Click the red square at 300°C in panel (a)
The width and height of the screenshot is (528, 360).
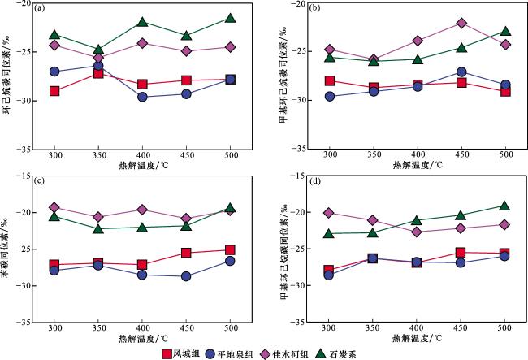pos(55,90)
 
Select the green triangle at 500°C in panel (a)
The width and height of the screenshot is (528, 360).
pos(230,18)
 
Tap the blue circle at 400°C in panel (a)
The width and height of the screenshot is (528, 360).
pos(142,97)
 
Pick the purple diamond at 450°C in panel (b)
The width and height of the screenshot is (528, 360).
pos(461,23)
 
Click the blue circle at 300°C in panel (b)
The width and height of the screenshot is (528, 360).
pos(330,97)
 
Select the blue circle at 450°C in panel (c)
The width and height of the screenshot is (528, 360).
pos(186,276)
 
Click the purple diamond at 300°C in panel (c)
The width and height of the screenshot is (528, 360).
pos(55,207)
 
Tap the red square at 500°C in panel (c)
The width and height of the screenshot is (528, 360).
pos(230,250)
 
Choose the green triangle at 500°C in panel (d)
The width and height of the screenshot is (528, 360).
pos(505,206)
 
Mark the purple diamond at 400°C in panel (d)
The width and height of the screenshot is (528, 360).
pos(418,232)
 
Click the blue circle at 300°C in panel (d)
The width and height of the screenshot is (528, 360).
pos(330,275)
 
